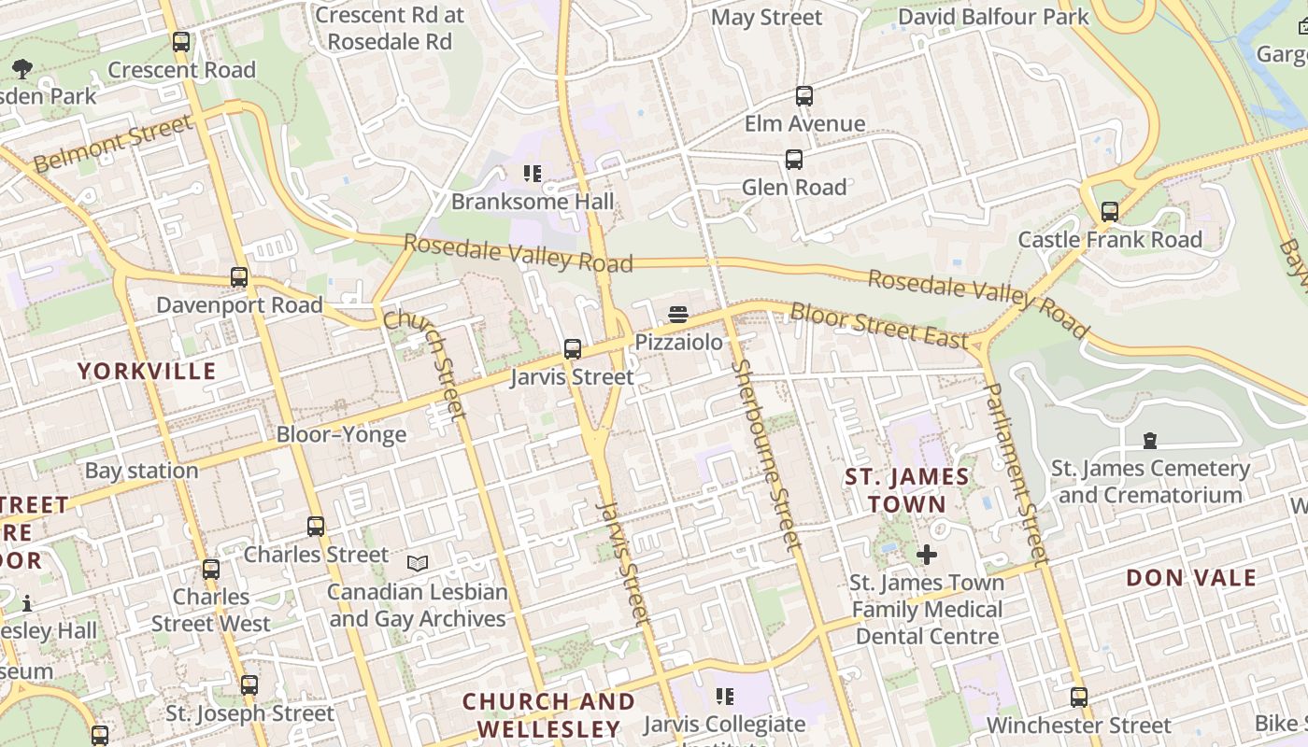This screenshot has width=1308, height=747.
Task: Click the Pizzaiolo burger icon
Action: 678,315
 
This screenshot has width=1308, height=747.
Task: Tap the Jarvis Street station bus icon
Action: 573,349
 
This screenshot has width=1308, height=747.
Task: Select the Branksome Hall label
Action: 533,202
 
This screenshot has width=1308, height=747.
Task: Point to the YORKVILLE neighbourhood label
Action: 147,371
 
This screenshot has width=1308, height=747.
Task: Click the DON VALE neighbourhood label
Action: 1191,577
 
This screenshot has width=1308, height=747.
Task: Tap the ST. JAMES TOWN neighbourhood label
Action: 907,490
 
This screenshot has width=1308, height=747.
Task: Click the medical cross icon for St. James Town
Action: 927,555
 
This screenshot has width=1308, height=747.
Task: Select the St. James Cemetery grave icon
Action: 1150,440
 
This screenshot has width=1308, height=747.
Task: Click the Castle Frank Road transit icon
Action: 1110,212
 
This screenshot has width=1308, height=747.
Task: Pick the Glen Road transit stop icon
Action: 794,160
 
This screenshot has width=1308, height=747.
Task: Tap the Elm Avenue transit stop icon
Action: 804,96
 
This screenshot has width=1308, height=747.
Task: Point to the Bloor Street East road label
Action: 878,324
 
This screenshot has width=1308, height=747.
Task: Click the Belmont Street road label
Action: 112,143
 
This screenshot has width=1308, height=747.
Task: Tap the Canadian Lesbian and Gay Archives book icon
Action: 418,563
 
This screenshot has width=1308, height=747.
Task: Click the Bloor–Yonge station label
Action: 341,434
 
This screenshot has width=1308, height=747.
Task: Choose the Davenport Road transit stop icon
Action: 239,277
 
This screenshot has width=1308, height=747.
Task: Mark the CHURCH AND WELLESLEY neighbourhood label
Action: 548,714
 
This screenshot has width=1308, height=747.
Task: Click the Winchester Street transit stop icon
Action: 1079,697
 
